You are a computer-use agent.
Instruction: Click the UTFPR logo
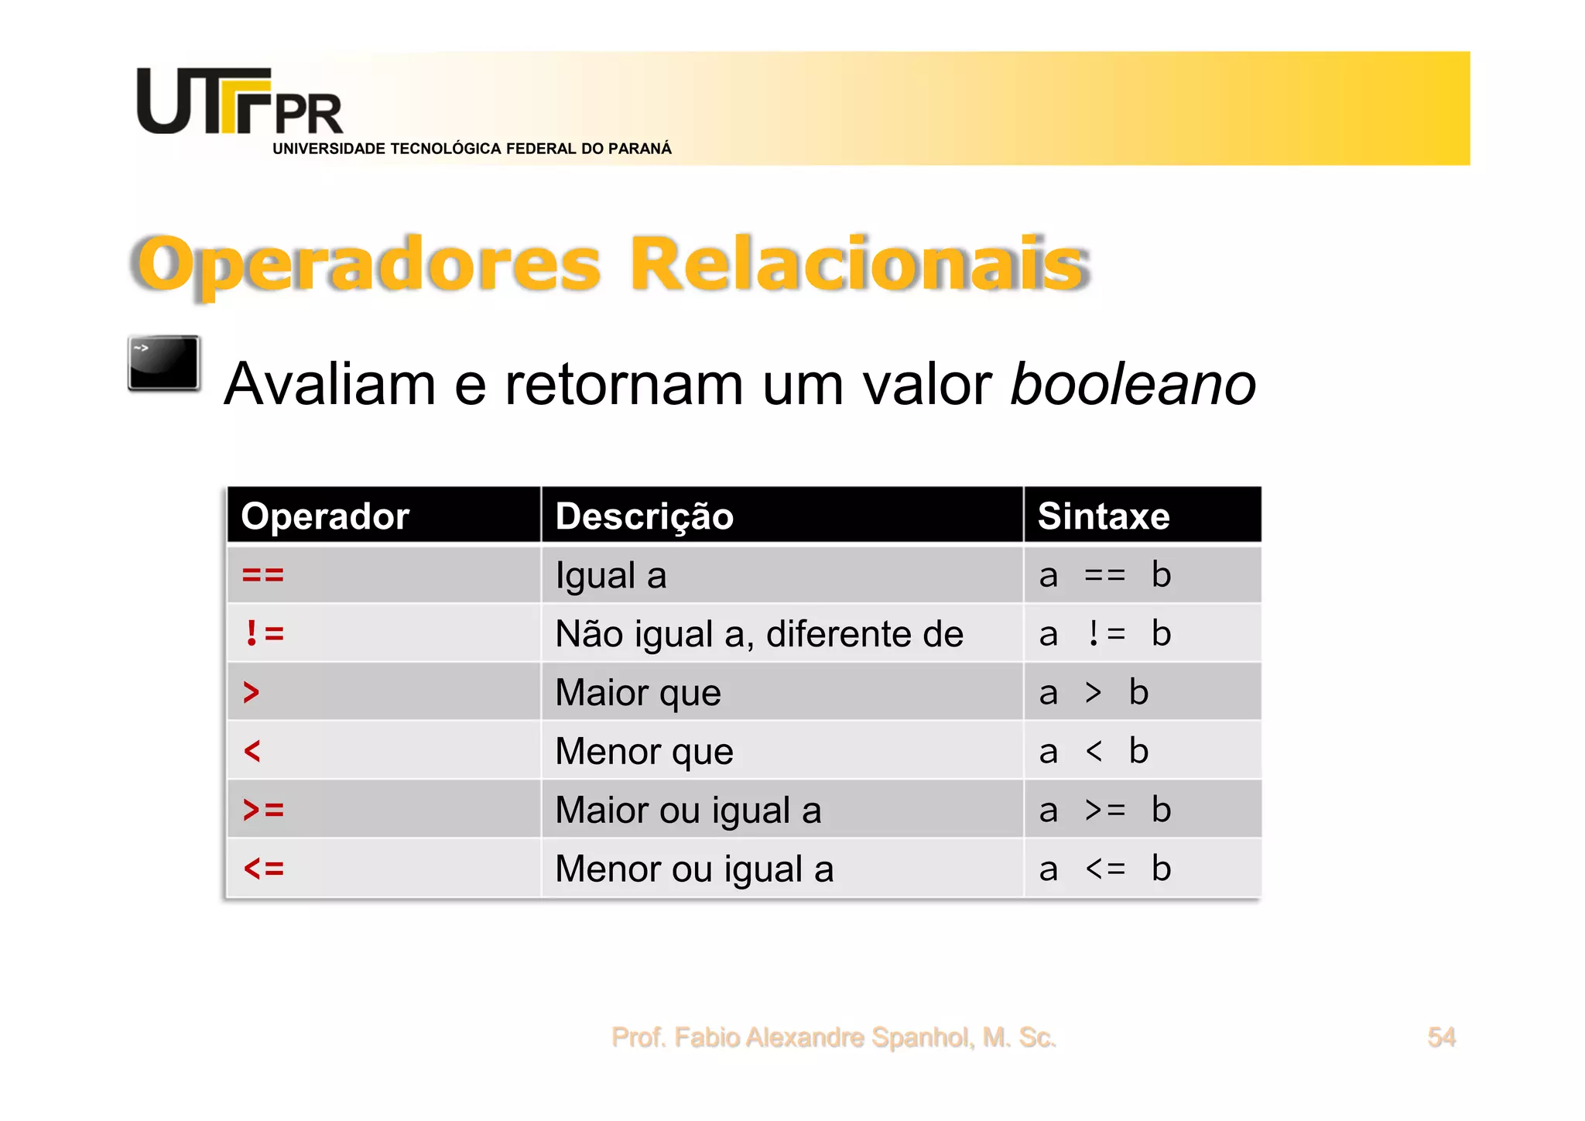pos(239,101)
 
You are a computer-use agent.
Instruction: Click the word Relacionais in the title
pos(858,264)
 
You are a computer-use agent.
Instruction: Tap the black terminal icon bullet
pos(164,362)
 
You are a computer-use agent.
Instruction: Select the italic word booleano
pos(1132,384)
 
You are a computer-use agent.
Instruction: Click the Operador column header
pos(325,516)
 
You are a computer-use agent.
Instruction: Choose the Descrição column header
pos(644,516)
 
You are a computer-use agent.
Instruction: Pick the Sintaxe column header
pos(1103,516)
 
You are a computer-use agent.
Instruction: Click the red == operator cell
pos(263,575)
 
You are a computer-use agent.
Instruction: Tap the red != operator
pos(264,633)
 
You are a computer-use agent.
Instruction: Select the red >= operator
pos(263,810)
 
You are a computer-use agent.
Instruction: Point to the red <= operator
pos(263,869)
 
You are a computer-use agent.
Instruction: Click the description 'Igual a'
pos(611,575)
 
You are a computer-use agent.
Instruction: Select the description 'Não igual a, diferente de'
pos(759,634)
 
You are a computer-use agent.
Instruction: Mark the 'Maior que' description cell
pos(638,692)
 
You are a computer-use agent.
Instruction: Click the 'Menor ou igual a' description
pos(694,869)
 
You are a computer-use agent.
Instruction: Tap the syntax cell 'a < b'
pos(1094,751)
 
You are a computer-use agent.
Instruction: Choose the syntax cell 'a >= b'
pos(1104,810)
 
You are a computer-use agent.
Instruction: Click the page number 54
pos(1441,1037)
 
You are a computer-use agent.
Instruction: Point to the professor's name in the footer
pos(834,1037)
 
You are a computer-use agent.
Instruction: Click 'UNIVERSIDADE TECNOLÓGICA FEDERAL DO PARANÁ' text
pos(472,149)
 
